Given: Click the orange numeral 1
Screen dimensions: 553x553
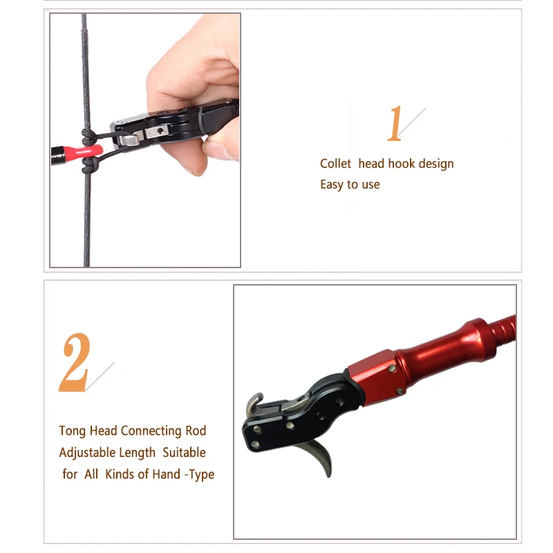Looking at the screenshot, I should [395, 124].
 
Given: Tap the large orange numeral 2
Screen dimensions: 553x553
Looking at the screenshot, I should [74, 364].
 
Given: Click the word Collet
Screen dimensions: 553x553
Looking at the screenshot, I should [335, 164].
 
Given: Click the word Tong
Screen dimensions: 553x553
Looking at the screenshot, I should [73, 431].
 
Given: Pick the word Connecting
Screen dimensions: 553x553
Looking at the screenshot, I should [151, 431].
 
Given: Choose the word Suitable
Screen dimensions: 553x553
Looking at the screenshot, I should [185, 453].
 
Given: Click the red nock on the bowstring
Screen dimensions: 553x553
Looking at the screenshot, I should [86, 150].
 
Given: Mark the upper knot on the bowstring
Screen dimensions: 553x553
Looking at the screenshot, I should [87, 134].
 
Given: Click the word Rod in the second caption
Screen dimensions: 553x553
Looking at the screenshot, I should [196, 431].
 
